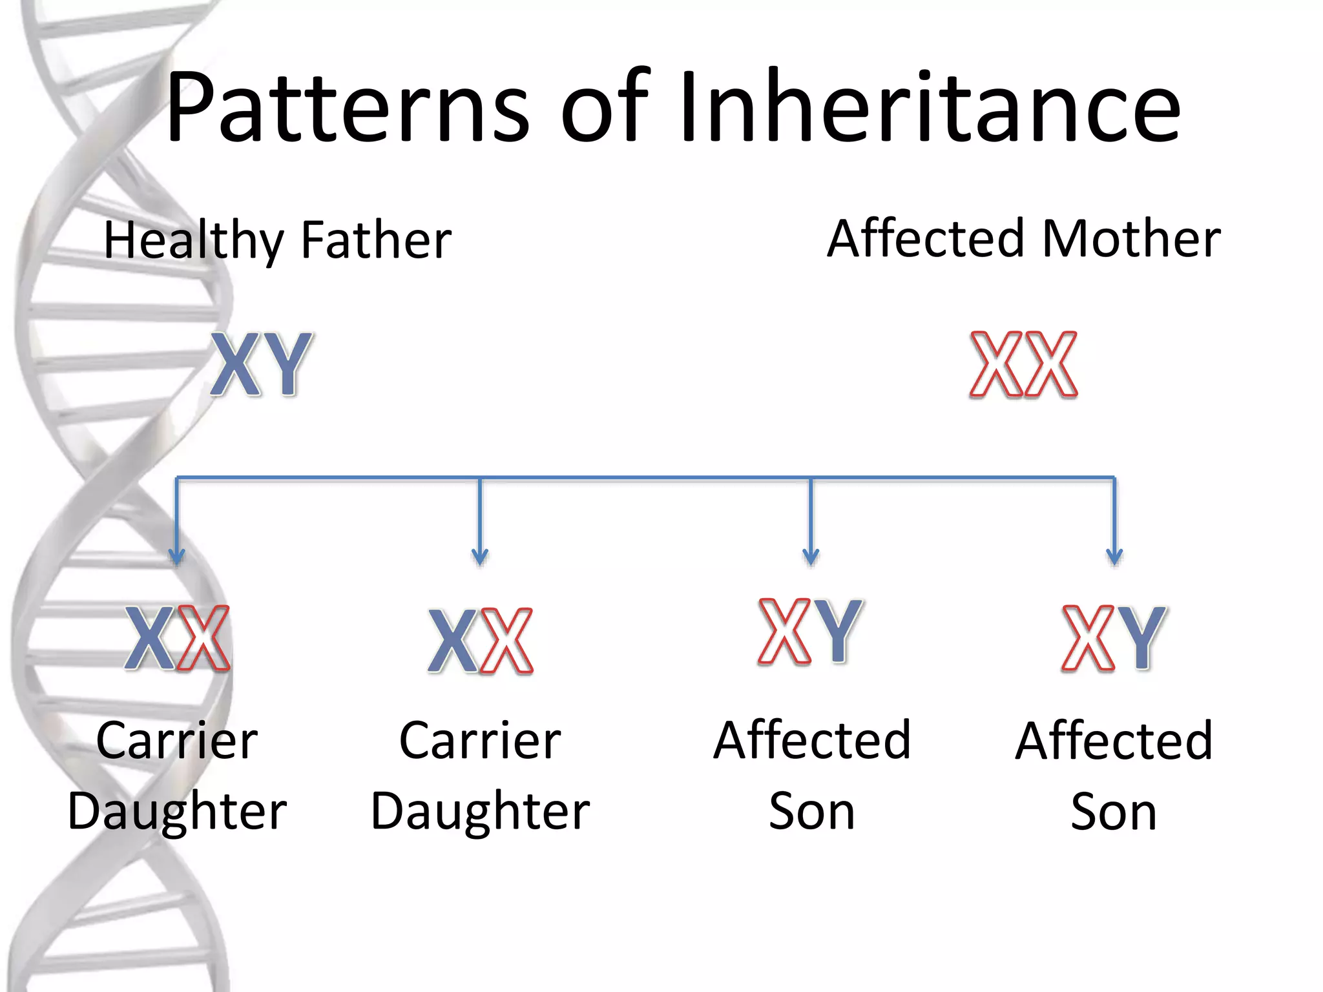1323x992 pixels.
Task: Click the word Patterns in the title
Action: tap(348, 107)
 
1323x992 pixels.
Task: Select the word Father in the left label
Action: tap(376, 240)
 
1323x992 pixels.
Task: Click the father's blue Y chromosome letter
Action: tap(287, 364)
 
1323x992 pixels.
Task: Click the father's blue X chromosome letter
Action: tap(236, 364)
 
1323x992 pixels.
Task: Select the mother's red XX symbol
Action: tap(1023, 364)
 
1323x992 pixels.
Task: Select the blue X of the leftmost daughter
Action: tap(150, 638)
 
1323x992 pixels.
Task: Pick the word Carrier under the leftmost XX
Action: tap(177, 741)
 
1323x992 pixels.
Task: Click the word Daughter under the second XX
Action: tap(480, 812)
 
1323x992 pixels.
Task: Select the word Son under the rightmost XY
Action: tap(1114, 812)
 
